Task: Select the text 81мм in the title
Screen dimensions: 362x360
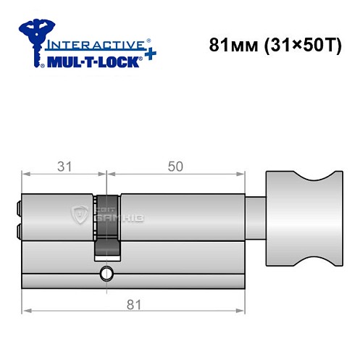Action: click(227, 45)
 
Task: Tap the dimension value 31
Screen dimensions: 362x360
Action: click(64, 166)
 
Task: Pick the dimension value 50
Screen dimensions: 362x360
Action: click(175, 166)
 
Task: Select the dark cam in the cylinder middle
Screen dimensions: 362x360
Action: click(107, 224)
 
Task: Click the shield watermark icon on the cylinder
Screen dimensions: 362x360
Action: click(78, 214)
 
